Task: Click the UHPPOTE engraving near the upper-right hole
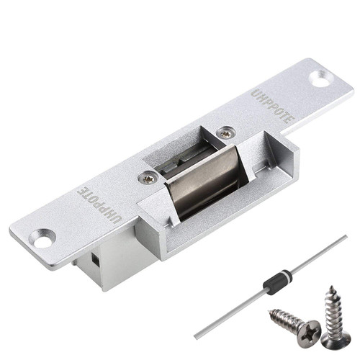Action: coord(273,106)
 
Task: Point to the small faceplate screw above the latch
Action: coord(226,133)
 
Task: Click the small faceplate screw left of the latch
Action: coord(148,178)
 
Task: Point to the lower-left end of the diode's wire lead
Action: coord(196,335)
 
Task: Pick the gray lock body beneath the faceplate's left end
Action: coord(101,267)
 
